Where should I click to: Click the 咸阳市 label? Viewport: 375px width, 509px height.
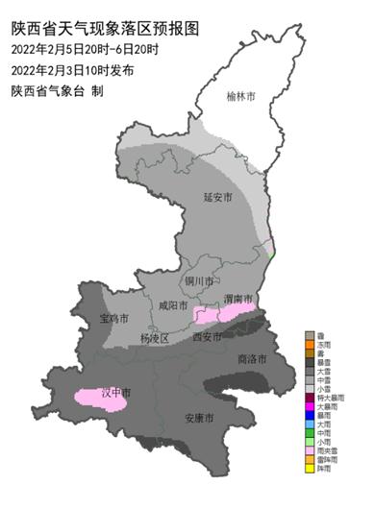pyautogui.click(x=173, y=306)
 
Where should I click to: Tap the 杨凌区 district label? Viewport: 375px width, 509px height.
pyautogui.click(x=153, y=338)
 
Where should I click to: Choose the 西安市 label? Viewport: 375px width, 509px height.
pyautogui.click(x=207, y=336)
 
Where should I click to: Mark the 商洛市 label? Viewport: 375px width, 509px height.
pyautogui.click(x=251, y=358)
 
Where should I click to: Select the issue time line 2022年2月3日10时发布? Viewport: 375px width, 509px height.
pyautogui.click(x=73, y=70)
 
